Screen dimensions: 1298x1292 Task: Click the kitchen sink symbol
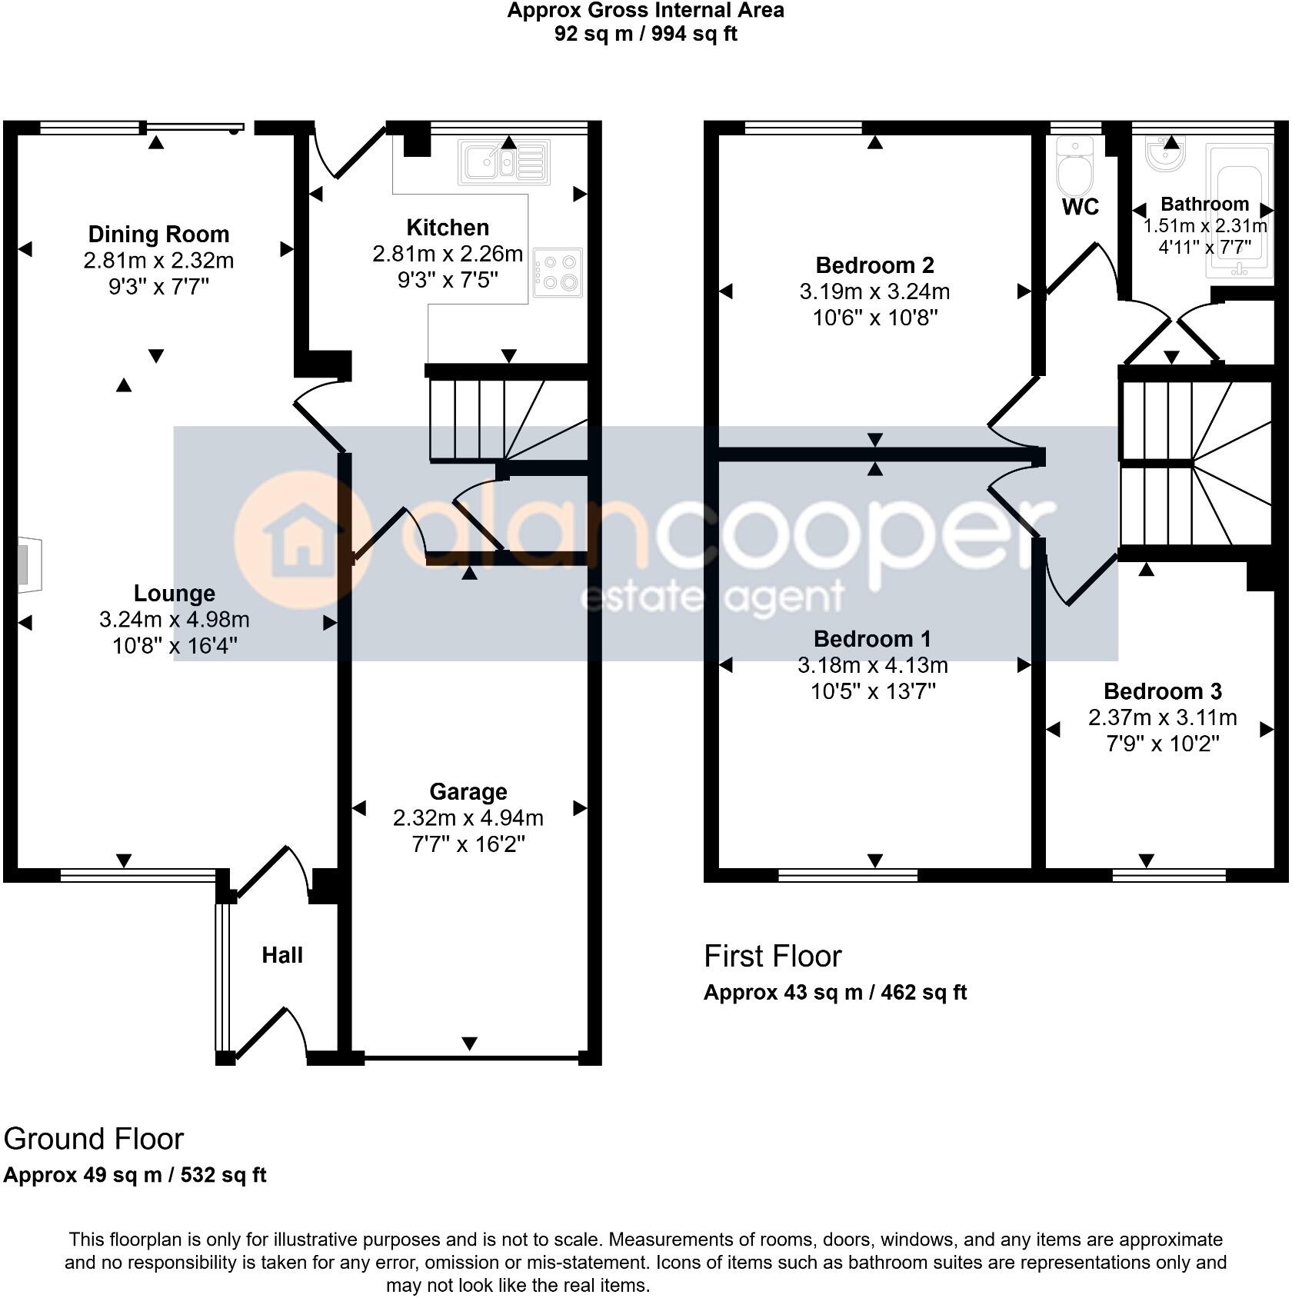coord(504,162)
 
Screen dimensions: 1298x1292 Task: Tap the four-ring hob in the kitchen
coord(558,273)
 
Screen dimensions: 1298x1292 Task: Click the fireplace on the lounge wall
coord(29,564)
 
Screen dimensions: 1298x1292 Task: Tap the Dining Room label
coord(158,234)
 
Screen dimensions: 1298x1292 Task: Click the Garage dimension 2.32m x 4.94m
coord(468,818)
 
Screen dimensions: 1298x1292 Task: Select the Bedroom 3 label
coord(1162,691)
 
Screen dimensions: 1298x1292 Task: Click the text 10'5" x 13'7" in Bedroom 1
coord(873,691)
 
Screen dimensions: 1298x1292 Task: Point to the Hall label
coord(282,955)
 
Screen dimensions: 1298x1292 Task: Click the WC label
coord(1080,207)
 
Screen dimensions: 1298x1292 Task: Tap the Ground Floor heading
coord(94,1139)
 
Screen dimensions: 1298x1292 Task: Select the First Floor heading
coord(772,957)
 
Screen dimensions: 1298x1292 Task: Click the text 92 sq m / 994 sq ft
coord(645,34)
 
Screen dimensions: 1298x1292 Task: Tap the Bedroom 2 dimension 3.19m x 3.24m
coord(874,291)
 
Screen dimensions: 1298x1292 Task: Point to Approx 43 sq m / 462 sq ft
coord(834,993)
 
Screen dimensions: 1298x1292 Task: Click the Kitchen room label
coord(448,228)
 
